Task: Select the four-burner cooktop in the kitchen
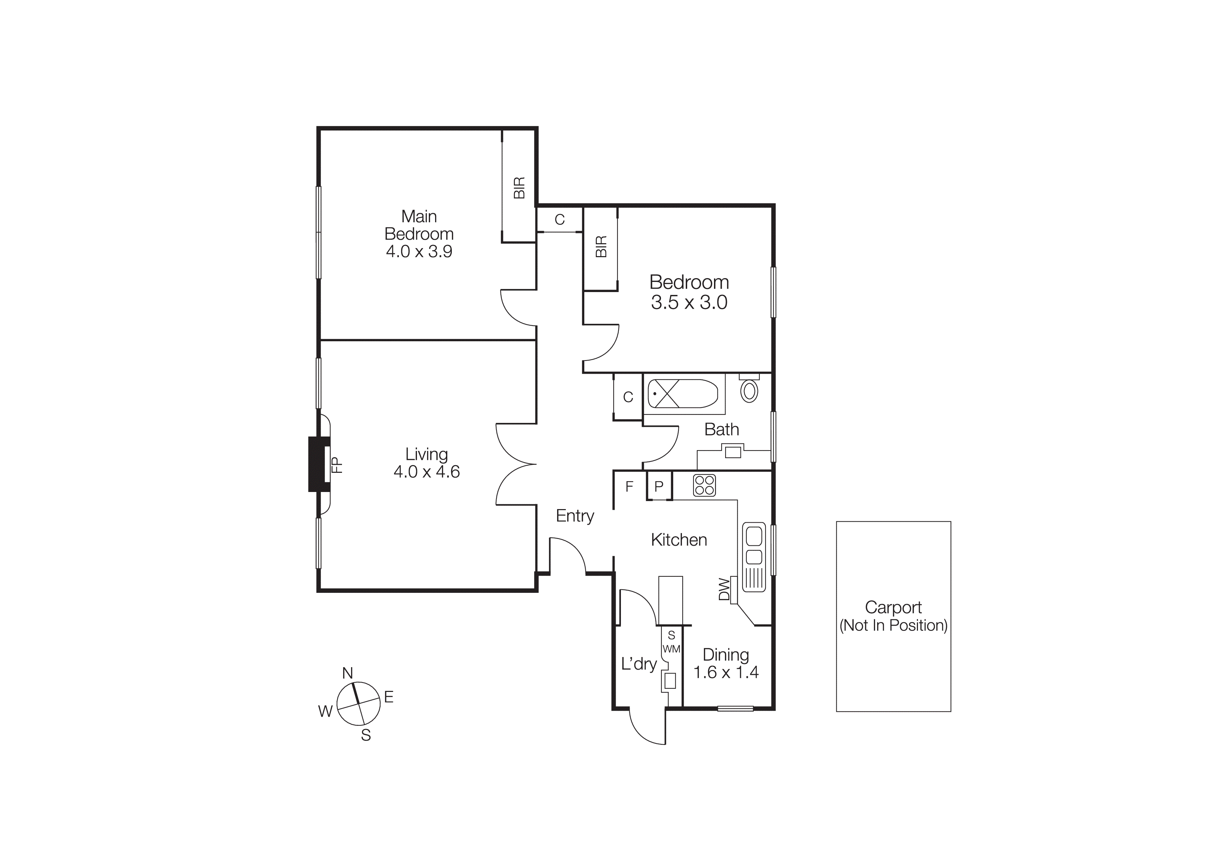click(704, 485)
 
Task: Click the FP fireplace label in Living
click(337, 465)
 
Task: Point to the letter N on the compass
click(347, 673)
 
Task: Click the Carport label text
click(893, 607)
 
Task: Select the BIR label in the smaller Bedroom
click(601, 247)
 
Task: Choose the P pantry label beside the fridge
click(659, 486)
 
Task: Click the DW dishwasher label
click(724, 589)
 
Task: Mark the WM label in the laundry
click(671, 649)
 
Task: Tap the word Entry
click(575, 516)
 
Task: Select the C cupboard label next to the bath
click(628, 397)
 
